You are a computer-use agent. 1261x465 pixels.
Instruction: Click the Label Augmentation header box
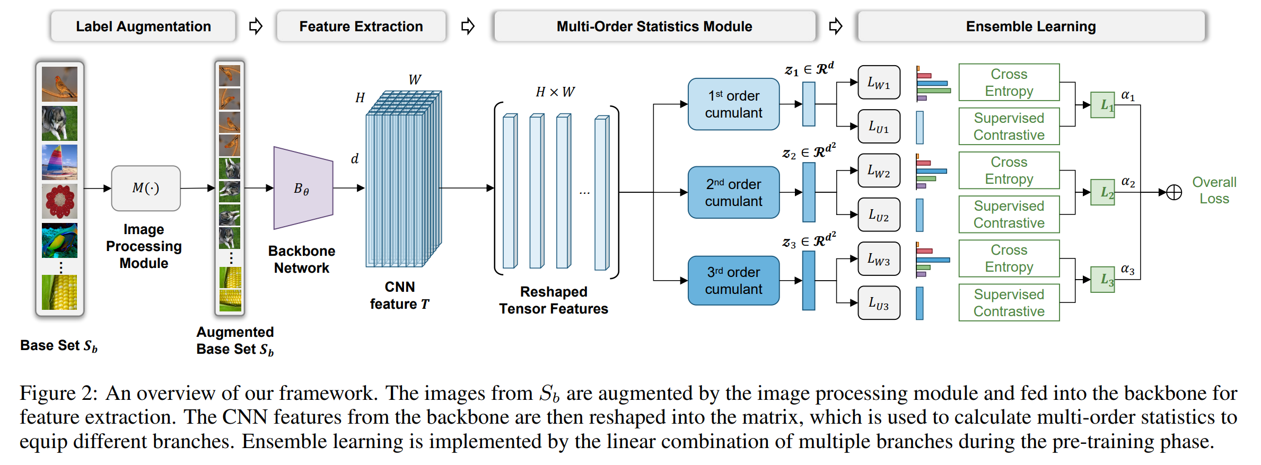tap(143, 26)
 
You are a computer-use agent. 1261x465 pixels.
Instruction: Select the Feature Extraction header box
tap(361, 26)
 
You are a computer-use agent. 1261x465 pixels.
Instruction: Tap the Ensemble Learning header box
tap(1030, 26)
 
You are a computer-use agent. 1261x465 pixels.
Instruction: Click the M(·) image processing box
tap(146, 188)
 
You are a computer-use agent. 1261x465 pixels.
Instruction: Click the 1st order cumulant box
tap(733, 104)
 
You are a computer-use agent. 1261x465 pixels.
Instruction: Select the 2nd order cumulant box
tap(733, 192)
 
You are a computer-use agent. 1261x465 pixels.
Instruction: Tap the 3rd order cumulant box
tap(733, 281)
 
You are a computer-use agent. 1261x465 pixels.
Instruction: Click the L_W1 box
tap(879, 83)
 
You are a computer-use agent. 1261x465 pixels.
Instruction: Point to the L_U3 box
tap(879, 303)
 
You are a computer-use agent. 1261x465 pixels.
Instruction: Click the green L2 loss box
tap(1102, 192)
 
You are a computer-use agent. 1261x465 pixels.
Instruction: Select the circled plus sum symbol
tap(1174, 192)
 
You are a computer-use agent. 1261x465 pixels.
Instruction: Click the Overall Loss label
tap(1214, 190)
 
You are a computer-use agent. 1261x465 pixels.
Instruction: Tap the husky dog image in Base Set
tap(59, 123)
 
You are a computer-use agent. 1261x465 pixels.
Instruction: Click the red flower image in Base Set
tap(59, 201)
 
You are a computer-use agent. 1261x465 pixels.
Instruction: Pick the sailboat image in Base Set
tap(59, 162)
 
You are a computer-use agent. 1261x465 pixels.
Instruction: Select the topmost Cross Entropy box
tap(1009, 83)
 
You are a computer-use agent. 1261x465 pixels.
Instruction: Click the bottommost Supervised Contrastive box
tap(1009, 303)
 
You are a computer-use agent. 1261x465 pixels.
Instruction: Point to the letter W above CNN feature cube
tap(415, 80)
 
